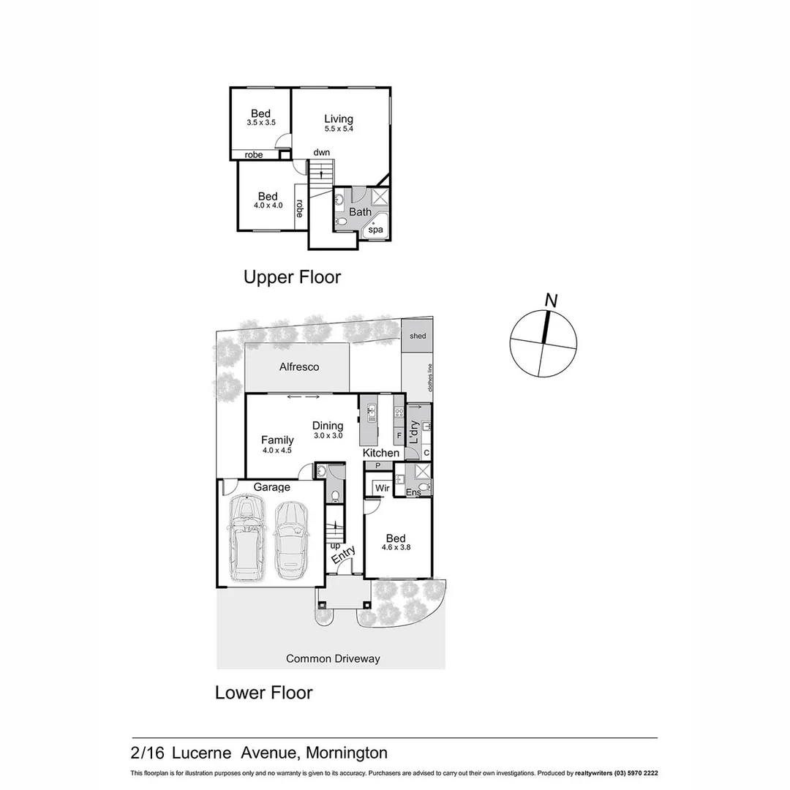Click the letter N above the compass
552,300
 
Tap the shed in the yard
418,336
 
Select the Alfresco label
299,366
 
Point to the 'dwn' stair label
321,152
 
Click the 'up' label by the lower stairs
335,546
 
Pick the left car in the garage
247,538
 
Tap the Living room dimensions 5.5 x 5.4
339,129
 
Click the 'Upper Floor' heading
292,277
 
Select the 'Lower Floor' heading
263,692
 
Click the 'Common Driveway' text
333,658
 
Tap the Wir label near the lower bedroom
381,488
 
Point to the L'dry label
413,434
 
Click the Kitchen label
381,453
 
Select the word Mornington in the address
347,753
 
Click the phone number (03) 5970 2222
637,773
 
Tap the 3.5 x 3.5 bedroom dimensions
260,123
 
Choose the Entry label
343,555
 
